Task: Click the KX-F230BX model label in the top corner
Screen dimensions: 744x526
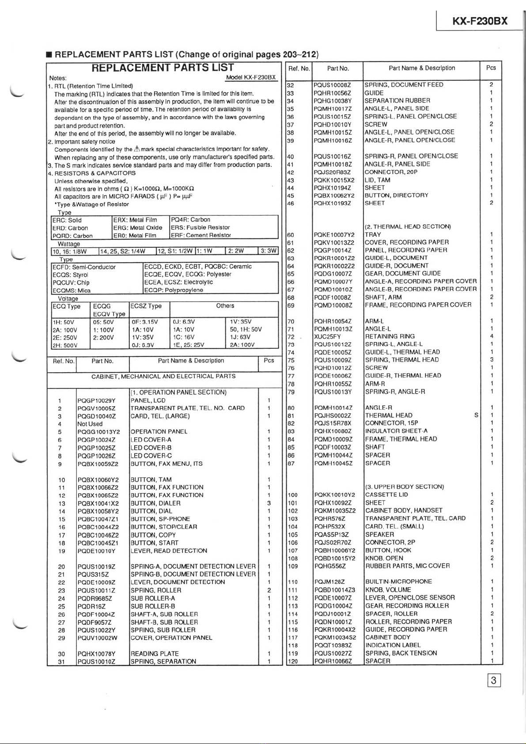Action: [x=480, y=21]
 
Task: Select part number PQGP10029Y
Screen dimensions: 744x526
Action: [x=96, y=400]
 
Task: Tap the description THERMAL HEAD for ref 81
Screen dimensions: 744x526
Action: [x=389, y=415]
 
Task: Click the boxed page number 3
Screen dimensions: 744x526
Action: [x=493, y=680]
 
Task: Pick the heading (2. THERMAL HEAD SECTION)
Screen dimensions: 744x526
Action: [x=408, y=227]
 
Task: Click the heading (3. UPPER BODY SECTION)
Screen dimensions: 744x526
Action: [x=404, y=487]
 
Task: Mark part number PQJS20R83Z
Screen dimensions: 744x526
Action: [x=332, y=172]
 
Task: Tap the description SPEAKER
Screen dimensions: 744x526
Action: [x=379, y=534]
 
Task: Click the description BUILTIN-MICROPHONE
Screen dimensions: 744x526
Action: [x=398, y=582]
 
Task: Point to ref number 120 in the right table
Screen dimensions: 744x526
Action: [x=292, y=661]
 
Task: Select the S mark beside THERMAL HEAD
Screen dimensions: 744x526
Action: [x=476, y=415]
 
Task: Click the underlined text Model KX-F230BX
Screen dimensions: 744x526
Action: [x=251, y=77]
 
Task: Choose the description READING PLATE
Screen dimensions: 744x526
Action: [x=155, y=653]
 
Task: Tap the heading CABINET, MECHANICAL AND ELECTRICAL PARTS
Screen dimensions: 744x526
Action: [x=163, y=377]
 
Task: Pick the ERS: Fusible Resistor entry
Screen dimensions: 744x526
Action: [x=201, y=227]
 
